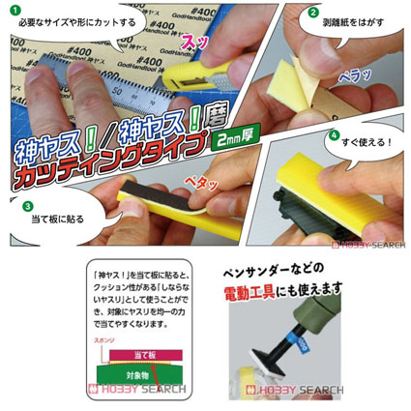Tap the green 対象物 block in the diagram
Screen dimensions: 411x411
[136, 371]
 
